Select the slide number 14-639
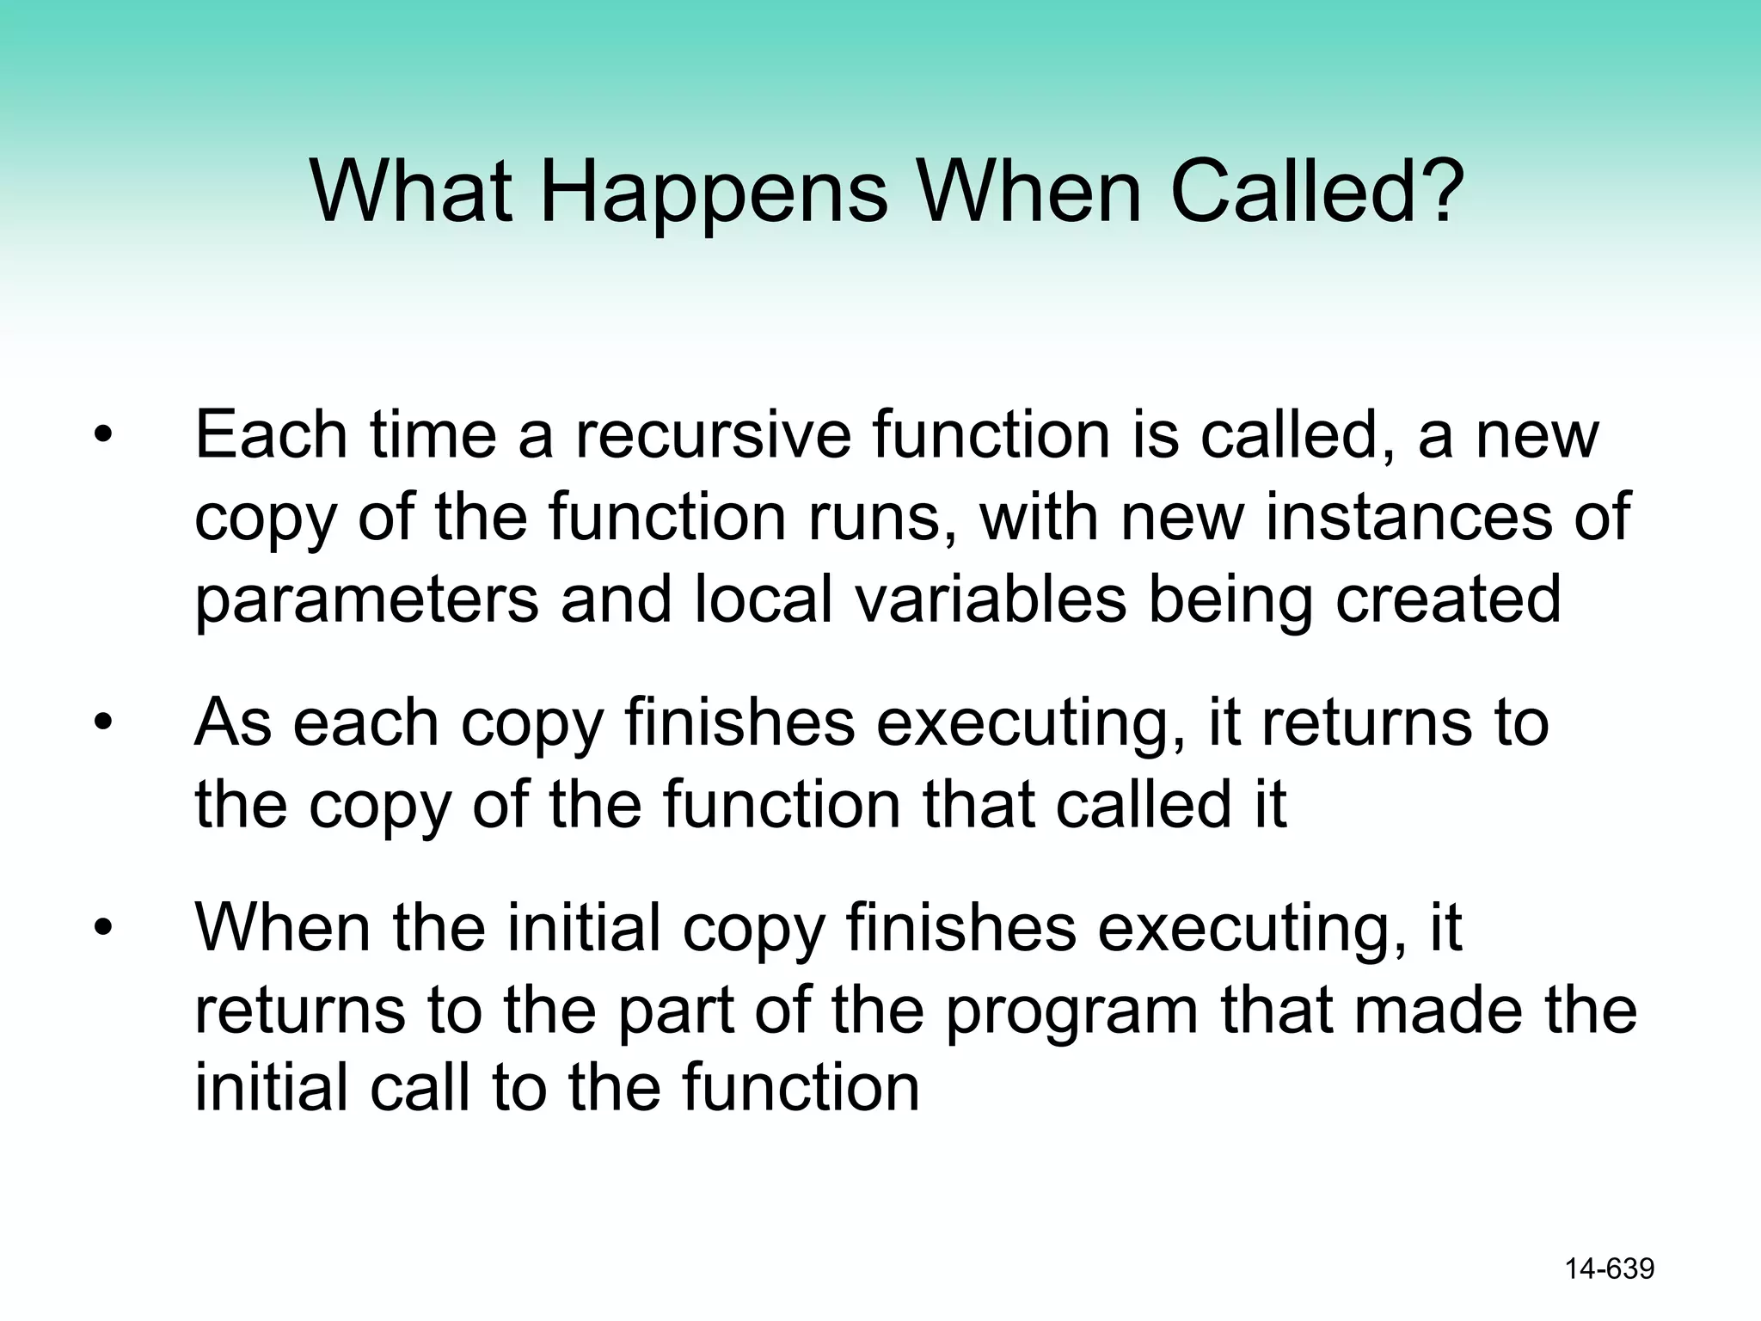click(x=1609, y=1269)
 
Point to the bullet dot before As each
click(x=103, y=723)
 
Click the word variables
click(x=991, y=599)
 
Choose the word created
click(x=1448, y=599)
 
